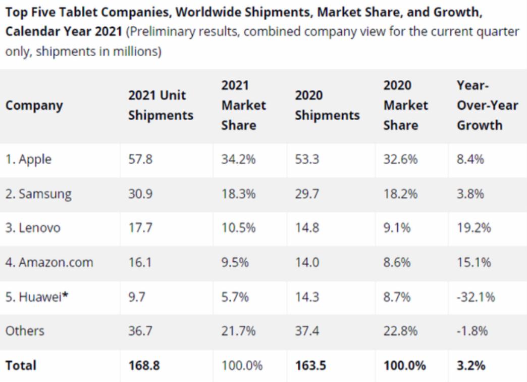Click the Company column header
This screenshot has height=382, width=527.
[34, 106]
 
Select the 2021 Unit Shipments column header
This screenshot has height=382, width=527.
[161, 106]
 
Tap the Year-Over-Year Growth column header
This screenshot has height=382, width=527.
[480, 106]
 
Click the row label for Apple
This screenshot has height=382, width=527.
[29, 160]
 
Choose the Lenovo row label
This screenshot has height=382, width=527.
[33, 228]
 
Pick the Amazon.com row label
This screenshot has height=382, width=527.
[49, 262]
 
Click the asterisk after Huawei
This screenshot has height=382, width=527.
[65, 296]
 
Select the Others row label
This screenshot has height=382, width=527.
[25, 331]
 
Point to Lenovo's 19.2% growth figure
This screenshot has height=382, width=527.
[473, 228]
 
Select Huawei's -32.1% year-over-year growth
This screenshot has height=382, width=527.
[476, 297]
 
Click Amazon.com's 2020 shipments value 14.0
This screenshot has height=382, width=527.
[306, 262]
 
